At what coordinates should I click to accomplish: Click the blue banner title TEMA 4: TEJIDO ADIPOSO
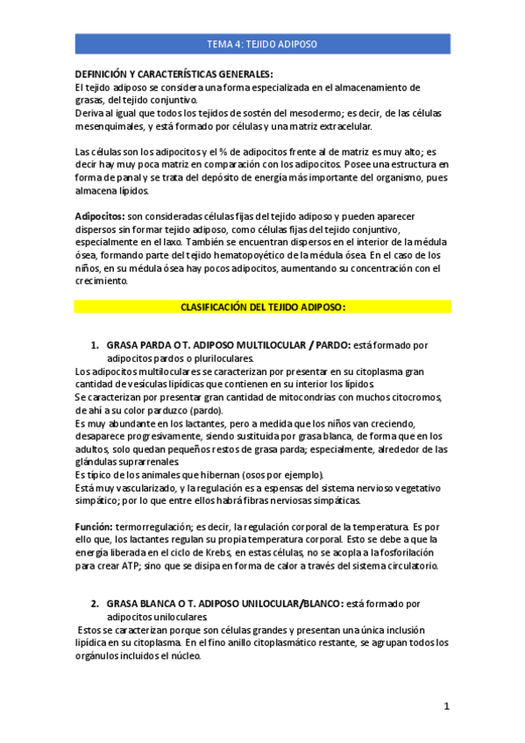[262, 44]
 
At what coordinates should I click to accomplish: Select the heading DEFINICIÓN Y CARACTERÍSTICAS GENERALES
[174, 74]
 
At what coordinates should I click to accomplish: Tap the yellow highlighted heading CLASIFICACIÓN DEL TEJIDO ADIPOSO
[262, 308]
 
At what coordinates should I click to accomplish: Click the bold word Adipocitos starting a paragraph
[99, 215]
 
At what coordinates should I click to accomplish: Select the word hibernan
[201, 475]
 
